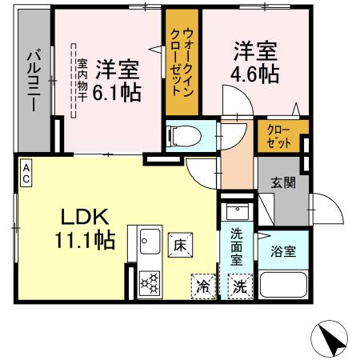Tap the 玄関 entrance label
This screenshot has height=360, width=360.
point(282,182)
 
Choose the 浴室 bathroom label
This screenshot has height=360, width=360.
point(284,250)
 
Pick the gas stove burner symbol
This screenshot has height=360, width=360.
point(149,284)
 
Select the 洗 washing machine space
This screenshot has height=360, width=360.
point(238,286)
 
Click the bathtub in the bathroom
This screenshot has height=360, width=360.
point(284,286)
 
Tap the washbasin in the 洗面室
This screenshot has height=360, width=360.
point(238,212)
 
